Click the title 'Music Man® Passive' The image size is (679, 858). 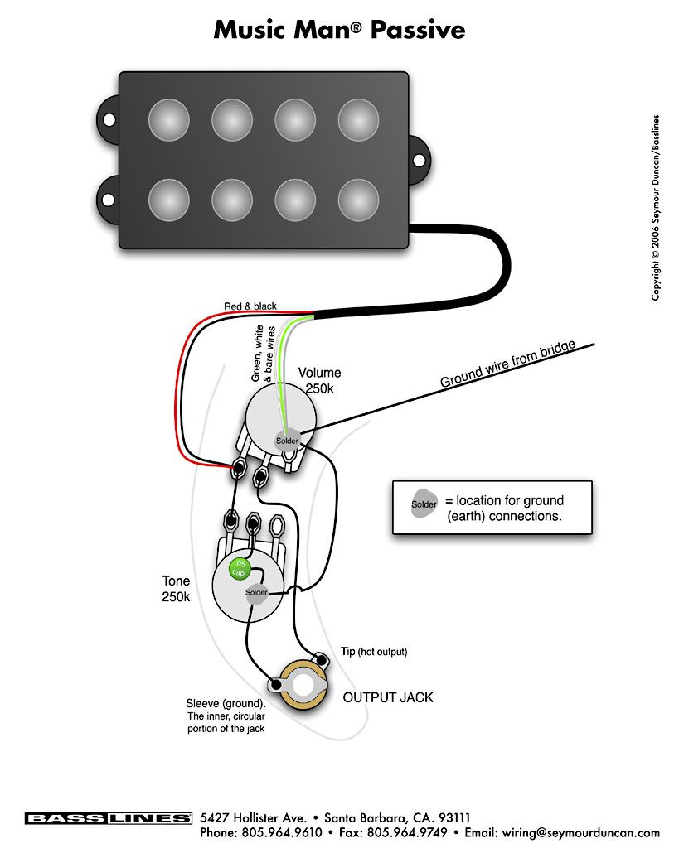[339, 30]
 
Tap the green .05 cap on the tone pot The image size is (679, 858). [239, 568]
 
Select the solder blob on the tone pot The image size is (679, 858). [256, 592]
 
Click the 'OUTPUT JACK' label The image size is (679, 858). [388, 697]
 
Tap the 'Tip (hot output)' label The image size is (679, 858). [374, 652]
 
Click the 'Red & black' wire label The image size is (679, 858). [250, 306]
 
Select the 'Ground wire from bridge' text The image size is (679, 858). [507, 364]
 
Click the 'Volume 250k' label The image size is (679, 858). [320, 380]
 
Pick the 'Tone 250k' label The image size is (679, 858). [176, 589]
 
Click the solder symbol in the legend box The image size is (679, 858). [424, 504]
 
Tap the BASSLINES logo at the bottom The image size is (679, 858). [108, 818]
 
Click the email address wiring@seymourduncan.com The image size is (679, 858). [587, 833]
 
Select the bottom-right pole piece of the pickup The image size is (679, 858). [358, 199]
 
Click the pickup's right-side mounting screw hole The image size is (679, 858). [420, 159]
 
